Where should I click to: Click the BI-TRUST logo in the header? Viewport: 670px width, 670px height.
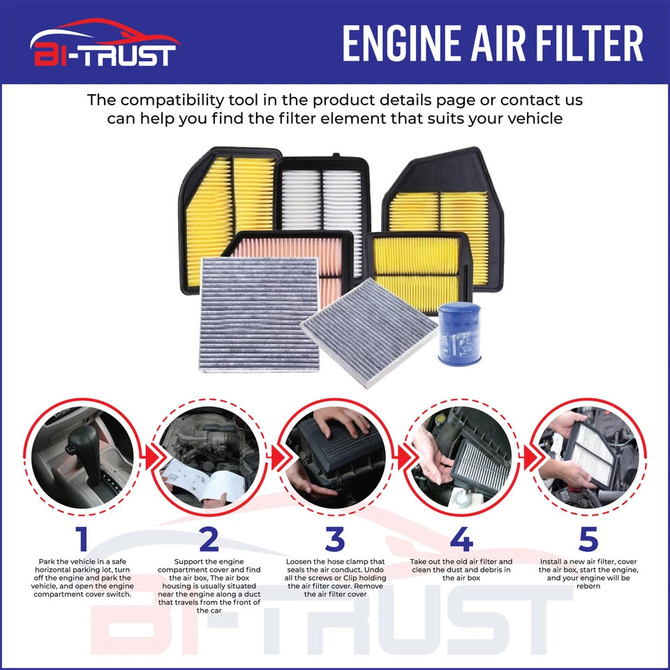tap(103, 43)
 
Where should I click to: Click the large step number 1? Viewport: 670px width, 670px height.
tap(82, 539)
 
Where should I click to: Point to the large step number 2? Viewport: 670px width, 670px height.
tap(209, 539)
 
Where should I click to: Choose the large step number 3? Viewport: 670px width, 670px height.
tap(335, 539)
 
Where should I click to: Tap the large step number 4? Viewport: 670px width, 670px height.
tap(461, 539)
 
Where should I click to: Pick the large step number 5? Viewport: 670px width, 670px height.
tap(588, 539)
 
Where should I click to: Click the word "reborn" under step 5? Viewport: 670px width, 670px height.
tap(588, 586)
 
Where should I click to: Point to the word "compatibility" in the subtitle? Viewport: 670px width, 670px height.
tap(200, 100)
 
